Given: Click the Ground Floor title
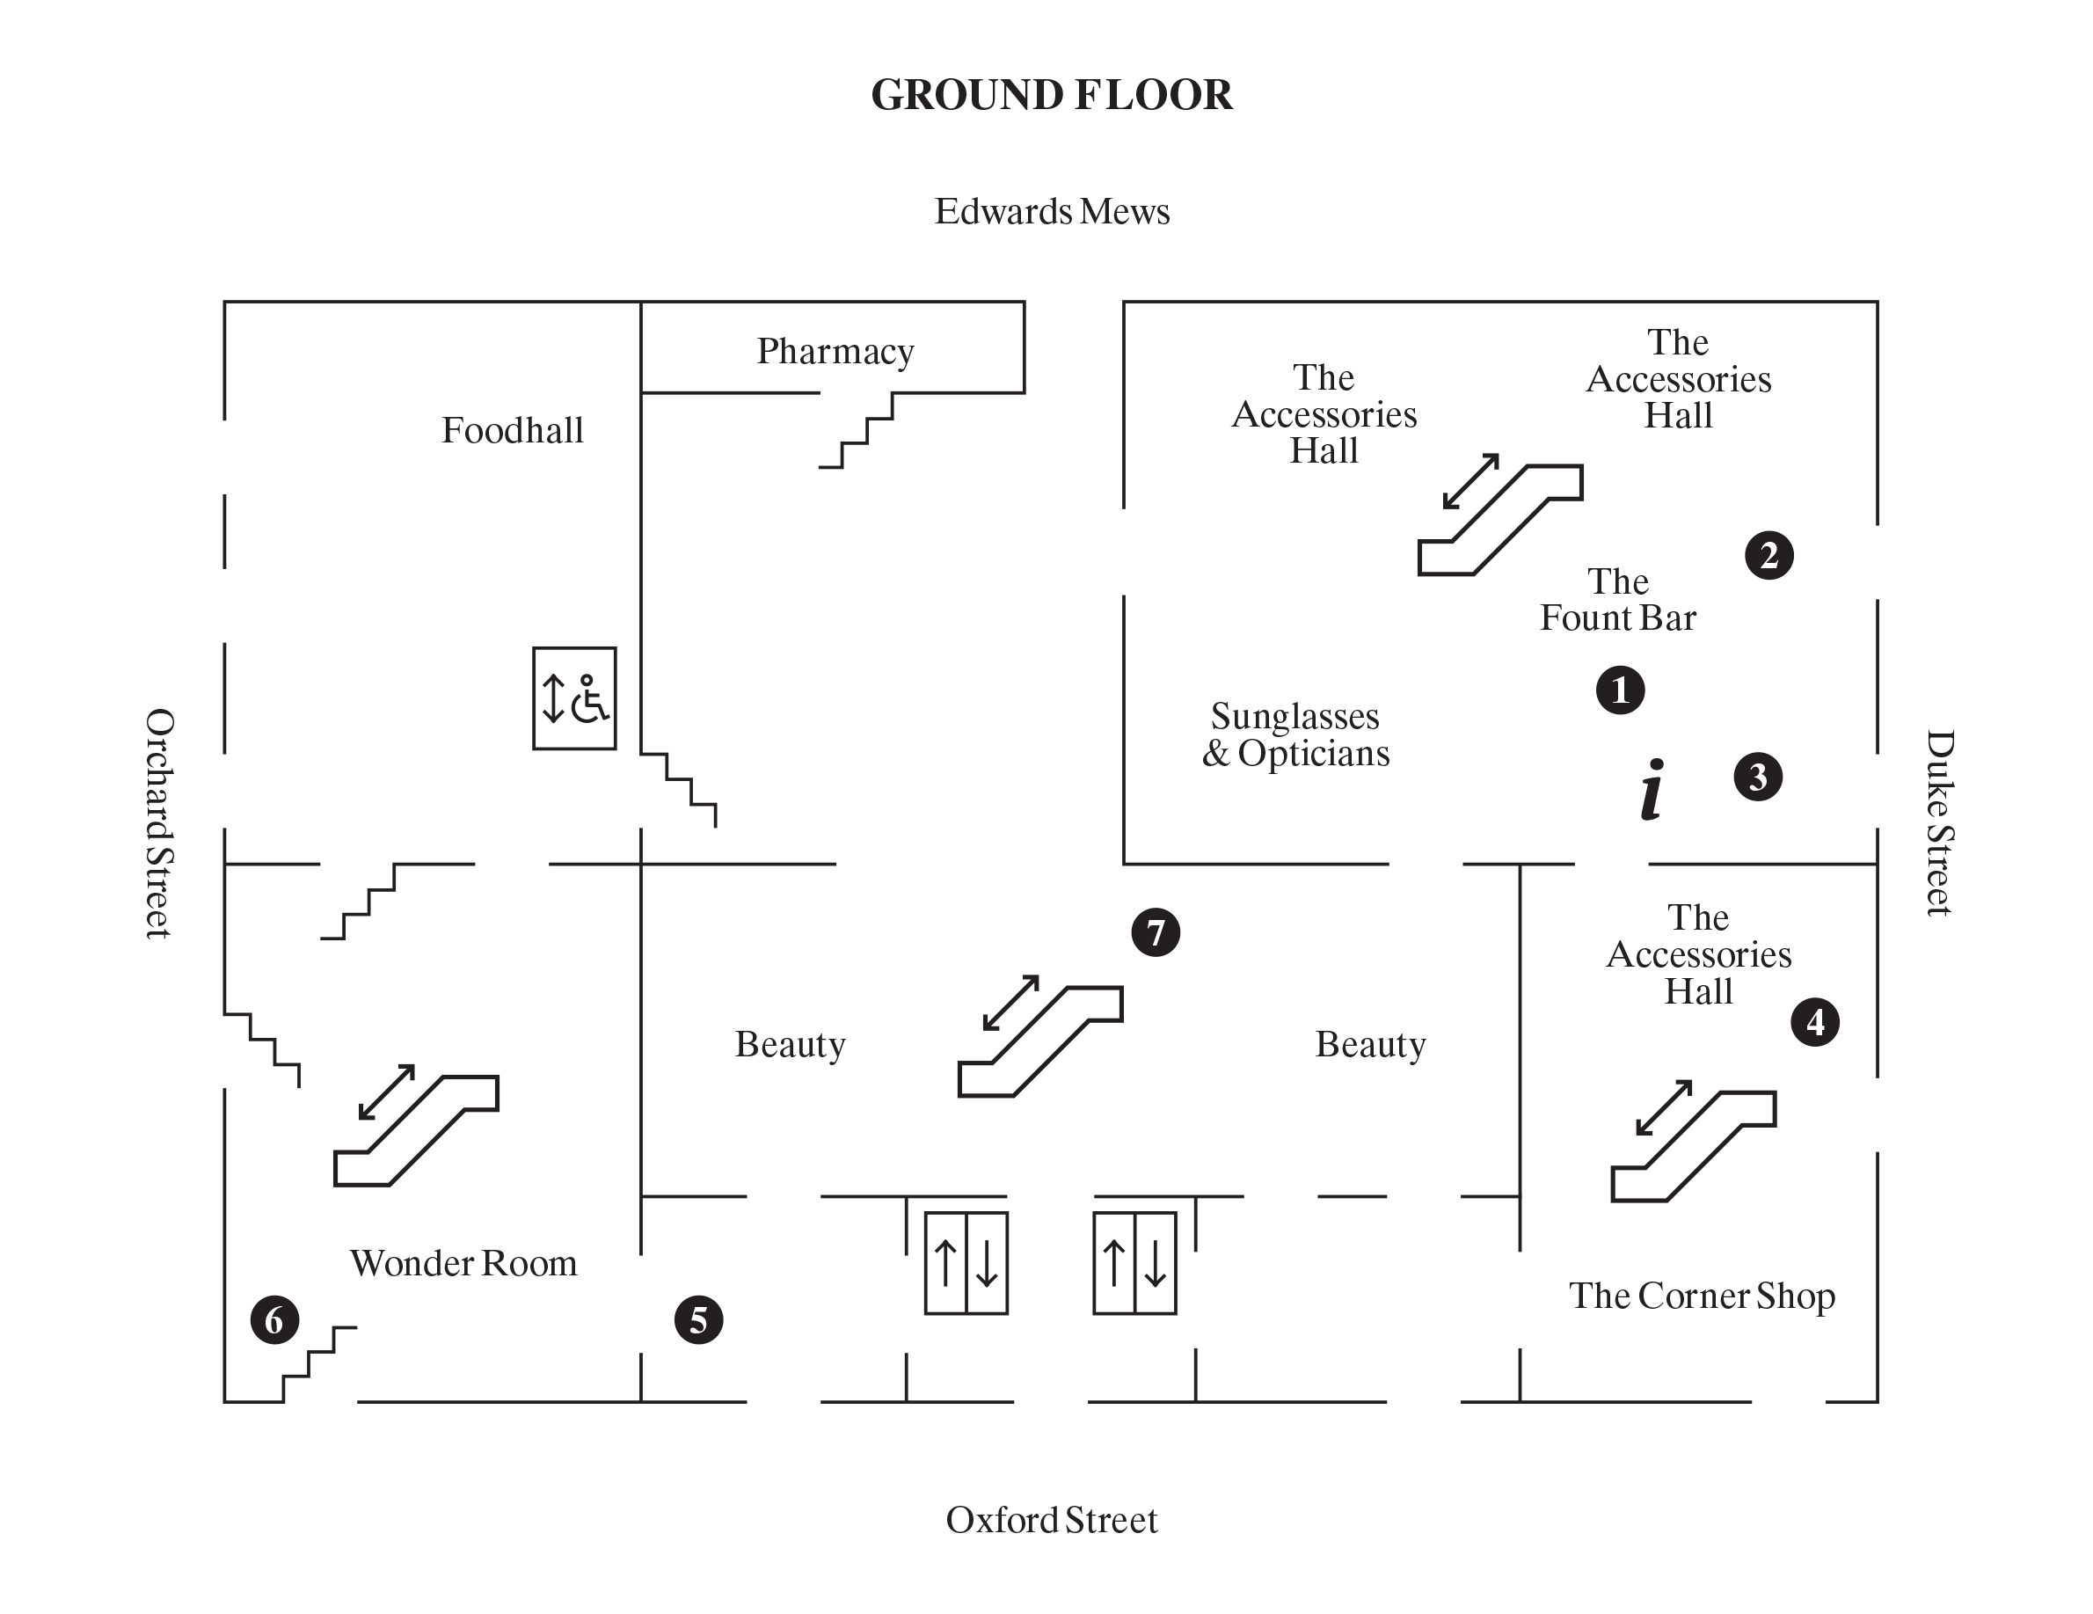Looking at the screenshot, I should coord(1051,95).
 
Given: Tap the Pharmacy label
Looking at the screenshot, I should coord(835,352).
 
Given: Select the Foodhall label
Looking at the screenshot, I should coord(512,430).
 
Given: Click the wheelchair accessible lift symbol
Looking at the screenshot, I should coord(574,697).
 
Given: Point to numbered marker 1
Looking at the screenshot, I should coord(1620,690).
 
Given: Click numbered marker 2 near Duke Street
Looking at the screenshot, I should coord(1768,556).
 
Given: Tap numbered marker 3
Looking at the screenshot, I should coord(1758,778).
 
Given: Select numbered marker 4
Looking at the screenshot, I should coord(1814,1022).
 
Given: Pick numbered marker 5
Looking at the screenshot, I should coord(698,1319).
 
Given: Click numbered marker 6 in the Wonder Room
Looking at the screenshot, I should coord(274,1319).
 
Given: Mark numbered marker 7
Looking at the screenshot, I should coord(1155,932).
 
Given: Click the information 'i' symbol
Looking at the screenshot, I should coord(1652,790).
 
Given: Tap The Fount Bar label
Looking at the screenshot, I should coord(1617,600).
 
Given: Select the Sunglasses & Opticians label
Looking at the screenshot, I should coord(1295,735).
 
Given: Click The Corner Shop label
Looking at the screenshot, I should coord(1701,1296).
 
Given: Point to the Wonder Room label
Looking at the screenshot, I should coord(463,1263).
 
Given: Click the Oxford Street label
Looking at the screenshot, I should coord(1051,1520).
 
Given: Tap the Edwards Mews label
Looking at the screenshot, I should coord(1051,212).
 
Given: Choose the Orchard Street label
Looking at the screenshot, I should coord(159,823).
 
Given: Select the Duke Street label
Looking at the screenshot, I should coord(1939,823).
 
